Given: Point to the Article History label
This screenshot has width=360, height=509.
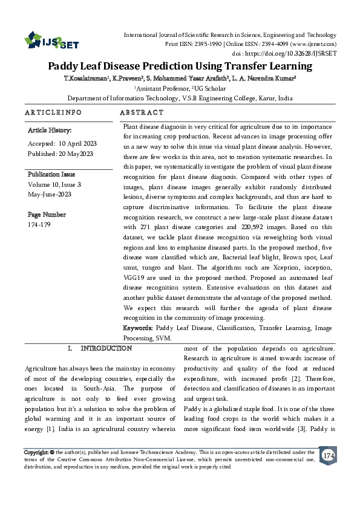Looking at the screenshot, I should (50, 130).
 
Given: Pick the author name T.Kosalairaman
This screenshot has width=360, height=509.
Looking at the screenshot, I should (86, 79).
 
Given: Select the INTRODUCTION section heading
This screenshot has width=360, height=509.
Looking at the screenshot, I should (106, 348).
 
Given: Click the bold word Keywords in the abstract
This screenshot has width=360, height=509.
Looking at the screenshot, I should (137, 328).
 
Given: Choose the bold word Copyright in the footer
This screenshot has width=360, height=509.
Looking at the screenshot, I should (36, 452).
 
